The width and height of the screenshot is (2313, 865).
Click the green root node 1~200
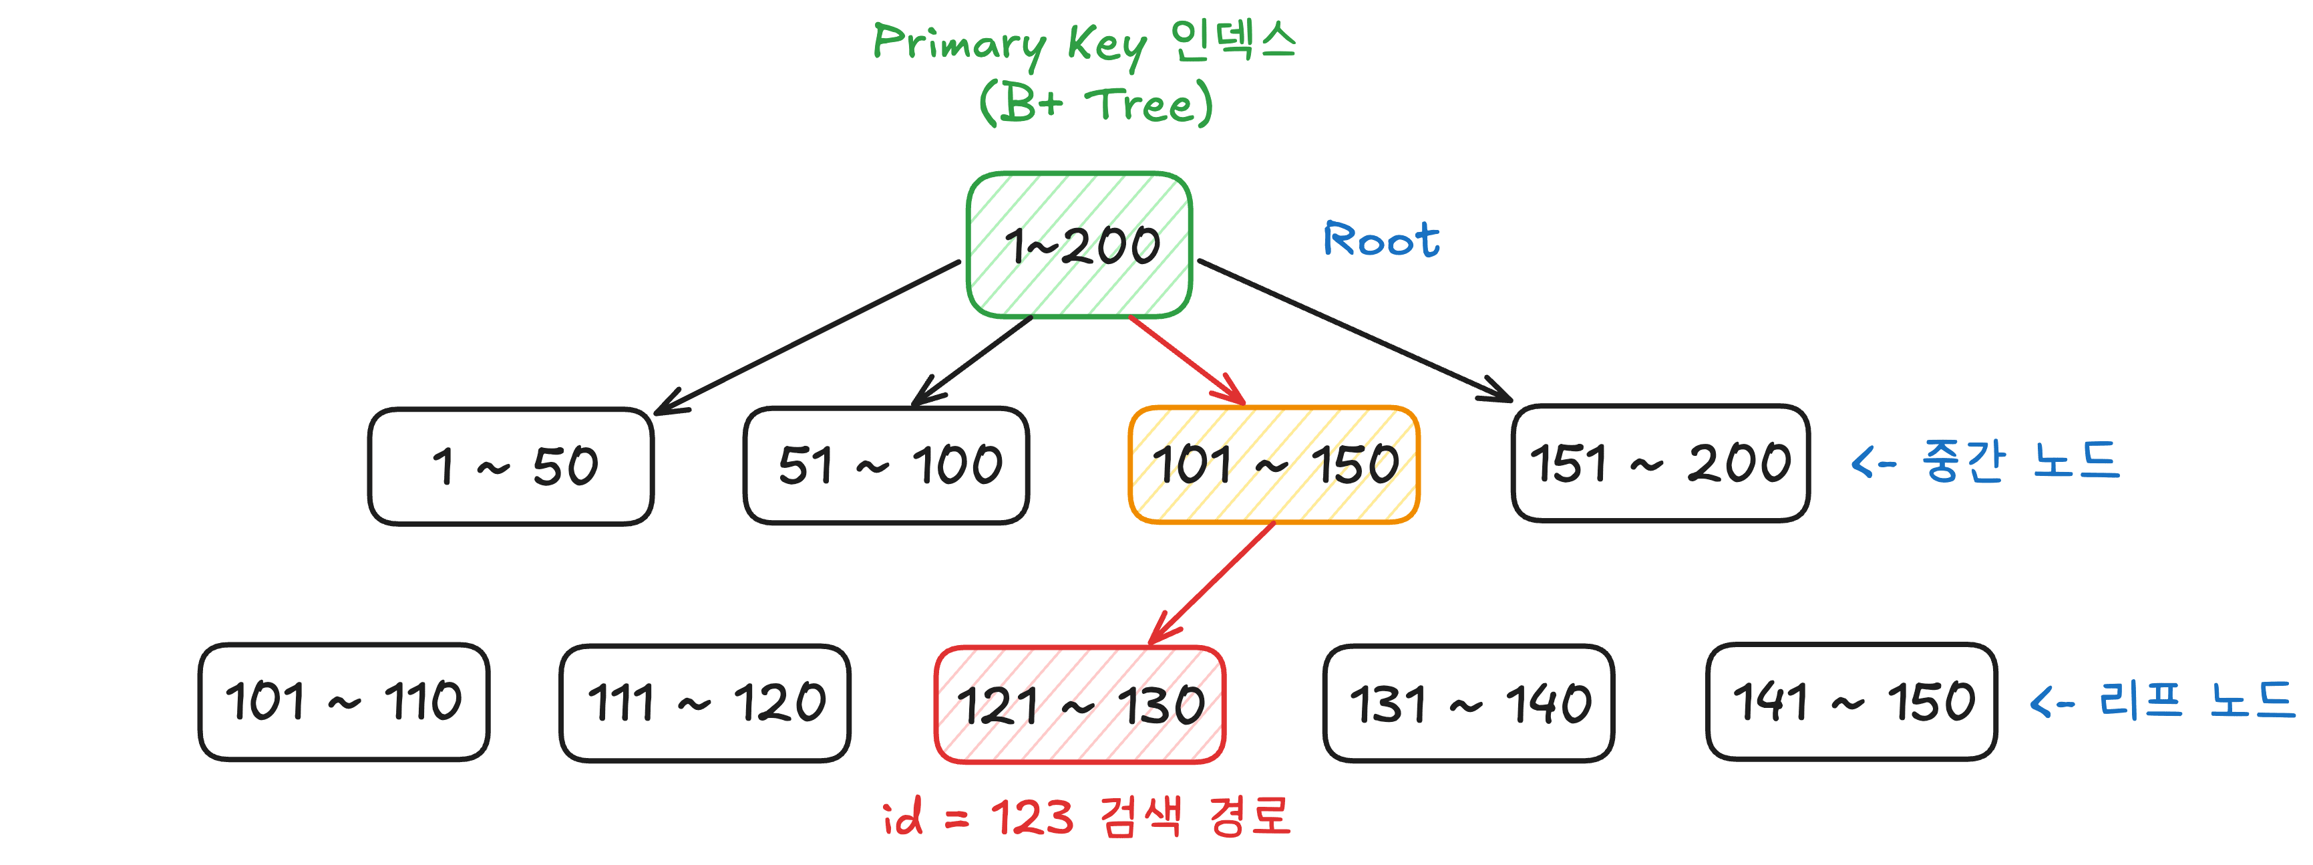(1079, 244)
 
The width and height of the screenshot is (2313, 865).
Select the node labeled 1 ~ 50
(511, 466)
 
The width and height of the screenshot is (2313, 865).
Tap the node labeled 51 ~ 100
(886, 465)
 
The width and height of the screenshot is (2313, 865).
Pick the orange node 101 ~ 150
(1274, 465)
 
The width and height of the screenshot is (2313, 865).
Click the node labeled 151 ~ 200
(1660, 463)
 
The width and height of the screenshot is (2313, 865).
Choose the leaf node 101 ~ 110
(344, 701)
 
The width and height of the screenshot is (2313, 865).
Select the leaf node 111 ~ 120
(705, 703)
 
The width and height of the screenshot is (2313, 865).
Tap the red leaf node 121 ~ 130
(1080, 704)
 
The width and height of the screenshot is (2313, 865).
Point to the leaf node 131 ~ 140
(1469, 703)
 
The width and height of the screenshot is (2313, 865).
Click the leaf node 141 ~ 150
(1851, 701)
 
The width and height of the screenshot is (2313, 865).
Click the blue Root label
(1381, 240)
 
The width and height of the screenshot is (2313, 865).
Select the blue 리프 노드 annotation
(2162, 701)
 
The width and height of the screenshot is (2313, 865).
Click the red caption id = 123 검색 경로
(1087, 816)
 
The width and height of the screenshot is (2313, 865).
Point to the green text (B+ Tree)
(1095, 104)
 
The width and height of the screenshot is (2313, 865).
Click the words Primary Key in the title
(1010, 43)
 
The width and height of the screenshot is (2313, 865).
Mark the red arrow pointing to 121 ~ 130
(1212, 582)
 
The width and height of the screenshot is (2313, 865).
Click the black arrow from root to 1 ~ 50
(808, 337)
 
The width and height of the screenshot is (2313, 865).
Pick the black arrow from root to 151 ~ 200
(1356, 330)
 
